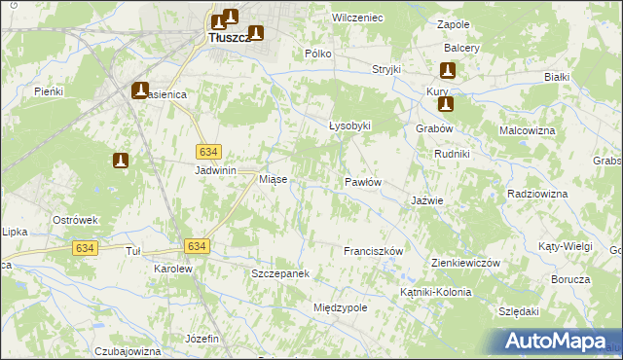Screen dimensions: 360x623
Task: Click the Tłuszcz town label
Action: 230,38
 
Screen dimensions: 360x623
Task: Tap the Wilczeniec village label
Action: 357,18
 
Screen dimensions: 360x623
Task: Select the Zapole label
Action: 454,24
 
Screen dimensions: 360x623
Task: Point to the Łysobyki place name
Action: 349,126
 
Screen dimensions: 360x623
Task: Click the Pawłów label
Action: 362,182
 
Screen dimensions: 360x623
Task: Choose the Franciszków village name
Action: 373,251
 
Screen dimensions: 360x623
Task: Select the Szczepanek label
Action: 280,274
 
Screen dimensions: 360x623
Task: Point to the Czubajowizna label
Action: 128,350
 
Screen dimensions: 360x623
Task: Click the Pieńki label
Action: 48,91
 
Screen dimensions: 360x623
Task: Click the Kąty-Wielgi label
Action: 565,247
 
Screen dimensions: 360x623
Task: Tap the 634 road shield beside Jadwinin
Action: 208,152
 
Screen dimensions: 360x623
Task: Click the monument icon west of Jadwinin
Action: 121,161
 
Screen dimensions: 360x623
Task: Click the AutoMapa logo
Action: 553,342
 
